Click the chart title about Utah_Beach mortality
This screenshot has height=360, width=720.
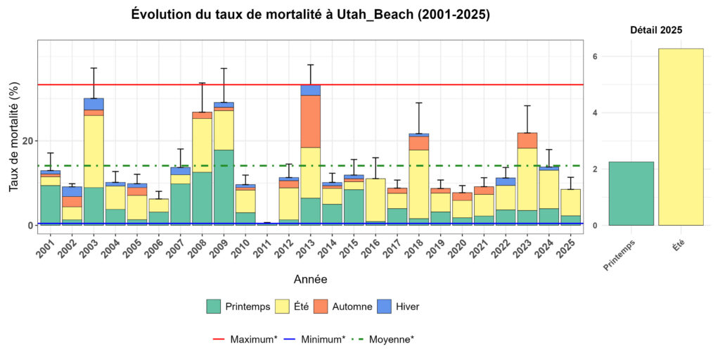(311, 14)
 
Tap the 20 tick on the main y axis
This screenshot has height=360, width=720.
(27, 141)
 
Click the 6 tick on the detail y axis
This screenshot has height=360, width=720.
(595, 56)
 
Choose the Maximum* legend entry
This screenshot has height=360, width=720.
(243, 339)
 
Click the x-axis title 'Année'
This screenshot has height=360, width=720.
(310, 279)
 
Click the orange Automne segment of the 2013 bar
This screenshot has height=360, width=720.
(310, 121)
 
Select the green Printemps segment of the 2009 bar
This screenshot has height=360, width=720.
(224, 187)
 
